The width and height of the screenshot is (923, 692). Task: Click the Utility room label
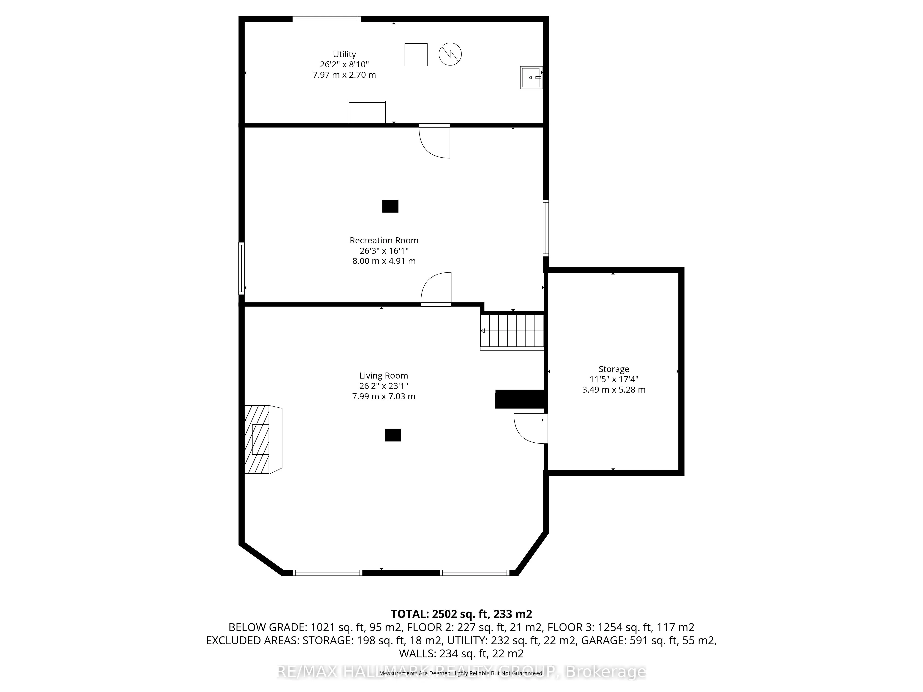(344, 54)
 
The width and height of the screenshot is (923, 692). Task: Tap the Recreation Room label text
(384, 240)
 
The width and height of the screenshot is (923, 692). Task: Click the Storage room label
(613, 369)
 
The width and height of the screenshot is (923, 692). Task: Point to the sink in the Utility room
(531, 78)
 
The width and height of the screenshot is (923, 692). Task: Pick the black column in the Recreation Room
(390, 206)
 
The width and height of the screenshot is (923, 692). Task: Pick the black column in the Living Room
(393, 435)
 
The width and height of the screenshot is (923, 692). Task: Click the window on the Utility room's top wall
(326, 19)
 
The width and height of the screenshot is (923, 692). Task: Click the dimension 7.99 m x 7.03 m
(384, 396)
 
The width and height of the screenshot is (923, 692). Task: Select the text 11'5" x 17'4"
(613, 380)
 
